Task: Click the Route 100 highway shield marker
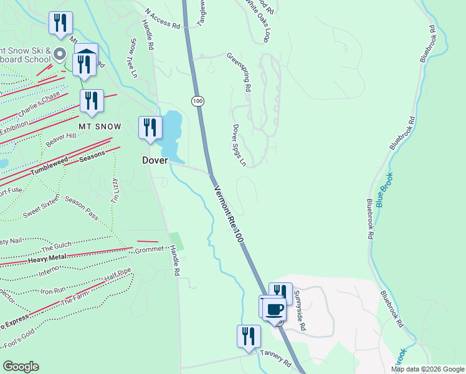coord(197,100)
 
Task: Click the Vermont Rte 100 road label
coord(228,214)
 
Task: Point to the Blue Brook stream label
coord(384,190)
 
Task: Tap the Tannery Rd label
coord(275,359)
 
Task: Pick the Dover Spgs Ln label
coord(239,145)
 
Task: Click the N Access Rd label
coord(162,19)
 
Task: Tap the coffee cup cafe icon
coord(274,309)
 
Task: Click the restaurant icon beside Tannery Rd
coord(249,336)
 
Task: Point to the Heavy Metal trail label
coord(46,258)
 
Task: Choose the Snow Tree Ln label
coord(133,59)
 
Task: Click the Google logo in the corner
coord(21,367)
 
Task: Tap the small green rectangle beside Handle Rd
coord(178,242)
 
